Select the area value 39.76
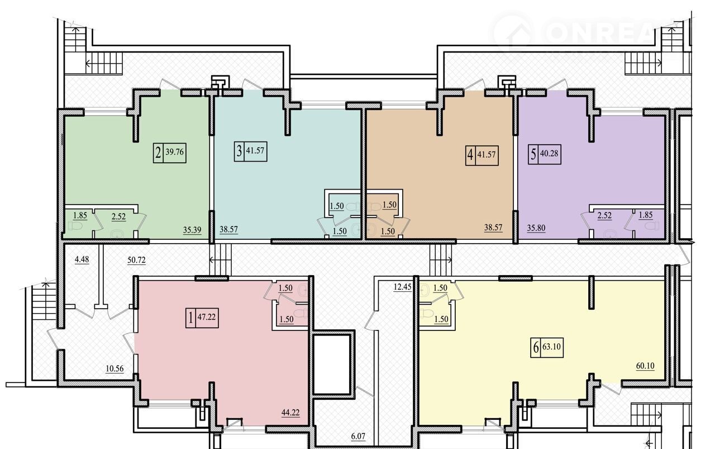(x=175, y=152)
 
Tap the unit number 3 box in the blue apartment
(x=239, y=151)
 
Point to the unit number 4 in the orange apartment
(x=470, y=155)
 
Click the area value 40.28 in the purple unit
(x=549, y=153)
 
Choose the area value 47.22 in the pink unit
(x=206, y=317)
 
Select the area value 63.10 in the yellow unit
(x=551, y=347)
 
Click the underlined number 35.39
(x=192, y=230)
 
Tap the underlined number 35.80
(x=536, y=228)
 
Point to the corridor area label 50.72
(x=137, y=260)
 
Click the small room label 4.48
(x=82, y=259)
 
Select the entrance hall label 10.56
(x=115, y=369)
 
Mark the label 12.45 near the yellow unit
(x=403, y=287)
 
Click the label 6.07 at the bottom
(x=358, y=436)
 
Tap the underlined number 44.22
(x=290, y=413)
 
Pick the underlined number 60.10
(x=645, y=366)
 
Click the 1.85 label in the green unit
(x=80, y=216)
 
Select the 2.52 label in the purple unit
(x=604, y=216)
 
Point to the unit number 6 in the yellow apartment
(x=536, y=347)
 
